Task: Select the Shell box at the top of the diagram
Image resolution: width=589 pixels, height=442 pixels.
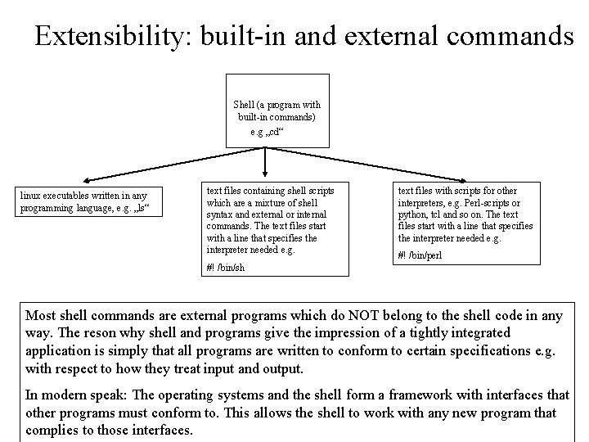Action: pos(277,111)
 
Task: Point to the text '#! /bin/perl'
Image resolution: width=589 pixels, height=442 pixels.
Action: pos(420,255)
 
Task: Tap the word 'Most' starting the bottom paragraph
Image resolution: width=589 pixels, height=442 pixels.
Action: pos(42,315)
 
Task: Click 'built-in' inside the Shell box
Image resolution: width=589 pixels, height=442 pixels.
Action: pos(247,118)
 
